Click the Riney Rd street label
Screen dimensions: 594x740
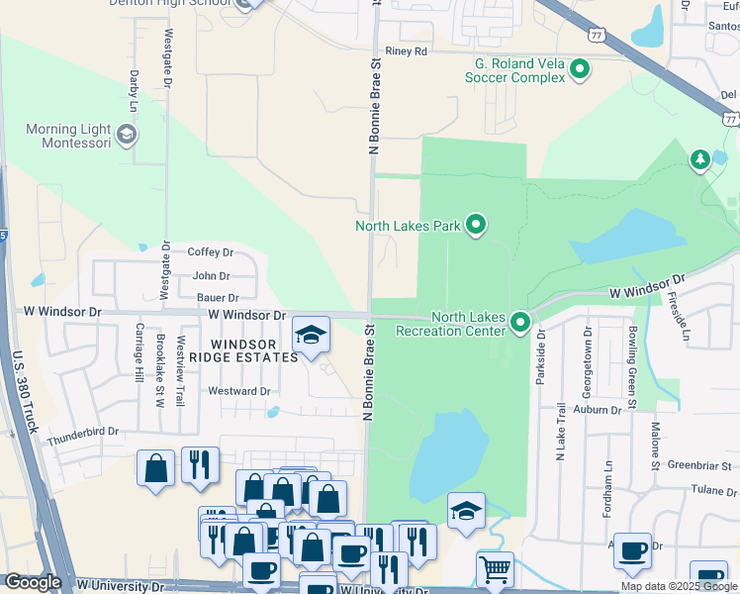pos(407,50)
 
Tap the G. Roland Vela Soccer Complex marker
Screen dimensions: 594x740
pos(581,69)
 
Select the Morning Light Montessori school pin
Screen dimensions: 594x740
pos(126,133)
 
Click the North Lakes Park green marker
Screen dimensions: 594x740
pos(476,226)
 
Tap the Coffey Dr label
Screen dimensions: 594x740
pos(210,252)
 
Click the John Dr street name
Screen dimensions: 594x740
pos(212,276)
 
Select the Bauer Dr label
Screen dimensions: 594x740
pos(218,297)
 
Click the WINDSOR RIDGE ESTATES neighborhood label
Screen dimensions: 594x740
pos(243,349)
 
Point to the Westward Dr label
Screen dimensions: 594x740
pos(239,391)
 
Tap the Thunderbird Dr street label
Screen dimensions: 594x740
pos(82,433)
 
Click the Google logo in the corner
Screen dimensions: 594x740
pos(33,582)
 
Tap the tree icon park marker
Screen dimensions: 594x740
pos(699,158)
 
